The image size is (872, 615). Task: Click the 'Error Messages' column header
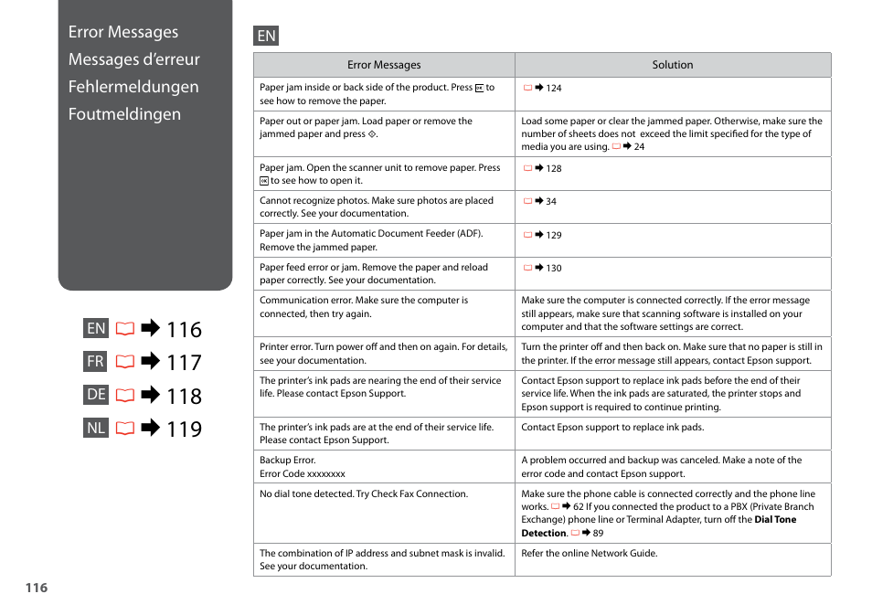pyautogui.click(x=384, y=65)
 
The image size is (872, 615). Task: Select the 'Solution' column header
pyautogui.click(x=672, y=65)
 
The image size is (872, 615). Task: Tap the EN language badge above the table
pyautogui.click(x=266, y=36)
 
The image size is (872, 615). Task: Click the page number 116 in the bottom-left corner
pyautogui.click(x=36, y=588)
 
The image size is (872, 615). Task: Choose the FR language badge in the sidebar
pyautogui.click(x=96, y=362)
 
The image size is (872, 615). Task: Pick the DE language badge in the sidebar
pyautogui.click(x=96, y=395)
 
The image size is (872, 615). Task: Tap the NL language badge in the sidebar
pyautogui.click(x=96, y=428)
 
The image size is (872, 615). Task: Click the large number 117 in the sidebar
pyautogui.click(x=184, y=363)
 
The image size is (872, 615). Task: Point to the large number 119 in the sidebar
pyautogui.click(x=184, y=429)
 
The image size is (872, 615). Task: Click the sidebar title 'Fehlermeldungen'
pyautogui.click(x=133, y=87)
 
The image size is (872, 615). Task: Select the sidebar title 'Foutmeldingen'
pyautogui.click(x=124, y=114)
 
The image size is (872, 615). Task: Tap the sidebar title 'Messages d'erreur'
pyautogui.click(x=133, y=59)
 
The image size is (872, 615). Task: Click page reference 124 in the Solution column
pyautogui.click(x=553, y=89)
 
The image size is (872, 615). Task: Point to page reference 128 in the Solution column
pyautogui.click(x=553, y=169)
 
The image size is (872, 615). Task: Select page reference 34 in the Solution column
pyautogui.click(x=550, y=202)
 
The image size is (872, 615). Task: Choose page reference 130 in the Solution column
pyautogui.click(x=553, y=269)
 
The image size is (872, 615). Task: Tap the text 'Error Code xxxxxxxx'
pyautogui.click(x=303, y=474)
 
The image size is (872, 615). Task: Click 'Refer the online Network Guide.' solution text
pyautogui.click(x=589, y=553)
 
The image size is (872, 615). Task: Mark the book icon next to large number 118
pyautogui.click(x=124, y=396)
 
